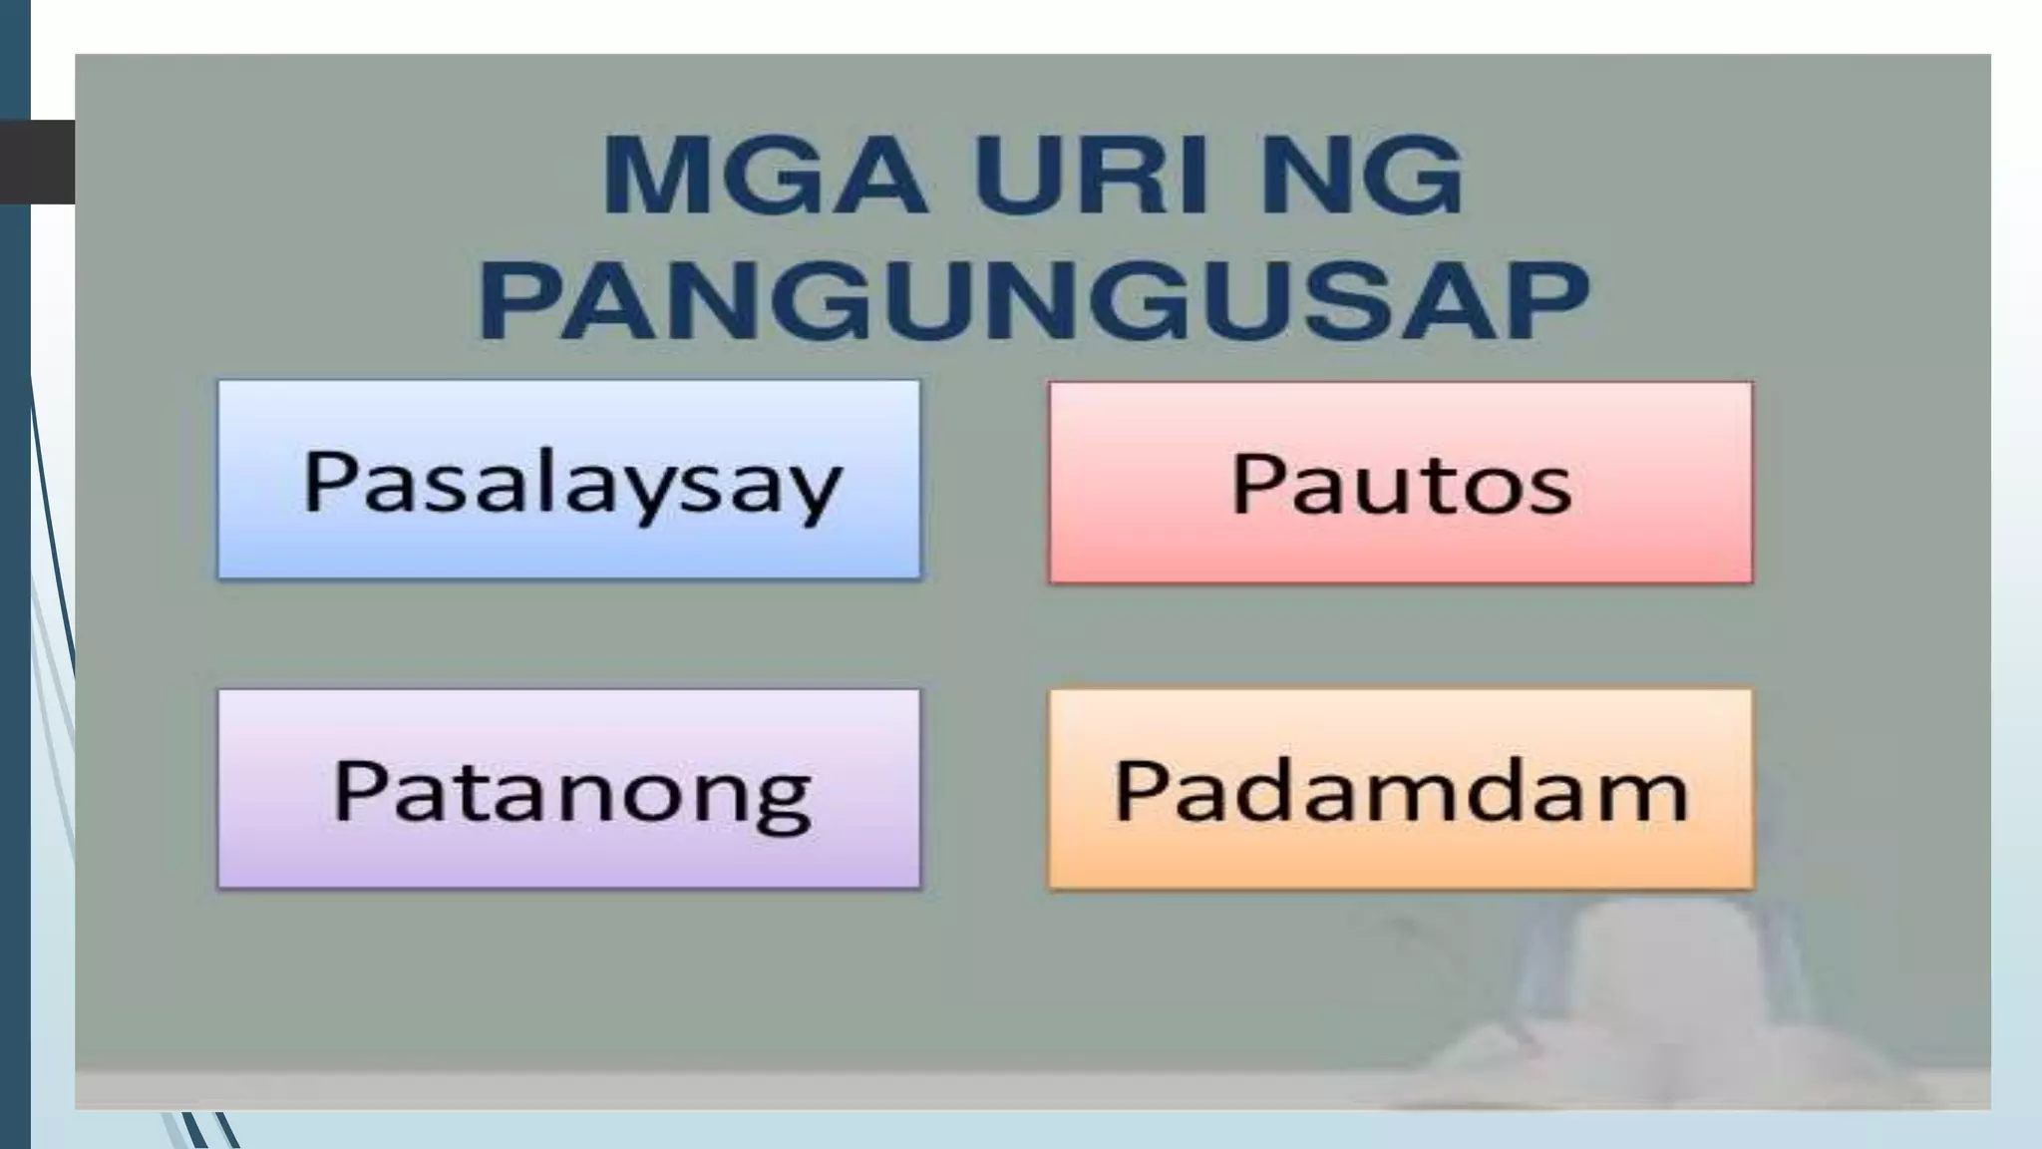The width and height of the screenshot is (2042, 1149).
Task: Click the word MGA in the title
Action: point(764,178)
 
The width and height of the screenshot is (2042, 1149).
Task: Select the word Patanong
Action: point(571,792)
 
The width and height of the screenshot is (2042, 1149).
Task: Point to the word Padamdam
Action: point(1401,792)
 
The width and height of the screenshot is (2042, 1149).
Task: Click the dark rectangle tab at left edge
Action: point(37,162)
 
